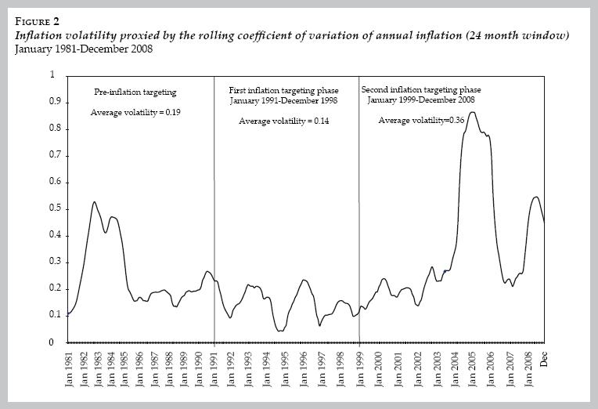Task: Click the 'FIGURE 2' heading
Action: (37, 21)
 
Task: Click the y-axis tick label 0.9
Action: (53, 102)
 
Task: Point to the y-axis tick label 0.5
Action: (53, 208)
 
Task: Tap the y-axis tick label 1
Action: (53, 75)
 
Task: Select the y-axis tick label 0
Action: (53, 342)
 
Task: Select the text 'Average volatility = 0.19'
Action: (136, 113)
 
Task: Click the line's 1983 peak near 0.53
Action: (94, 202)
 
